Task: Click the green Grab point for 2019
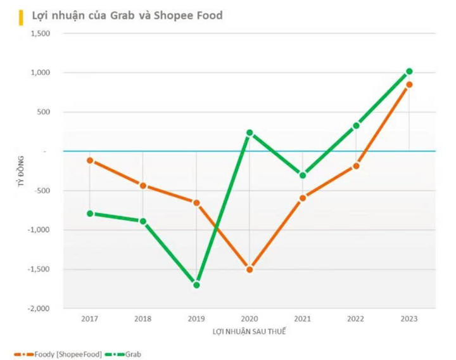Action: [196, 285]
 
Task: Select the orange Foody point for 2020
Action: [250, 269]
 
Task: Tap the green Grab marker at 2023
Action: [409, 71]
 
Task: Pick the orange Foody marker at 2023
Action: [409, 84]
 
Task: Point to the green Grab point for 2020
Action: [250, 132]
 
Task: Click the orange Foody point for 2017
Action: [90, 160]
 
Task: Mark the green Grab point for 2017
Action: [90, 214]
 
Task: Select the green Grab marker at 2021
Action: [303, 175]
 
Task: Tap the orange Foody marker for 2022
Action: [356, 165]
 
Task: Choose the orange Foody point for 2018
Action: [143, 186]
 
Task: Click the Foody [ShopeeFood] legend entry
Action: [61, 354]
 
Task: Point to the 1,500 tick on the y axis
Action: [40, 33]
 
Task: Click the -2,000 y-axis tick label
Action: [38, 309]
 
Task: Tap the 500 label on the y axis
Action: [43, 112]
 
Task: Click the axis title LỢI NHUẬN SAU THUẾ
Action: [250, 331]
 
